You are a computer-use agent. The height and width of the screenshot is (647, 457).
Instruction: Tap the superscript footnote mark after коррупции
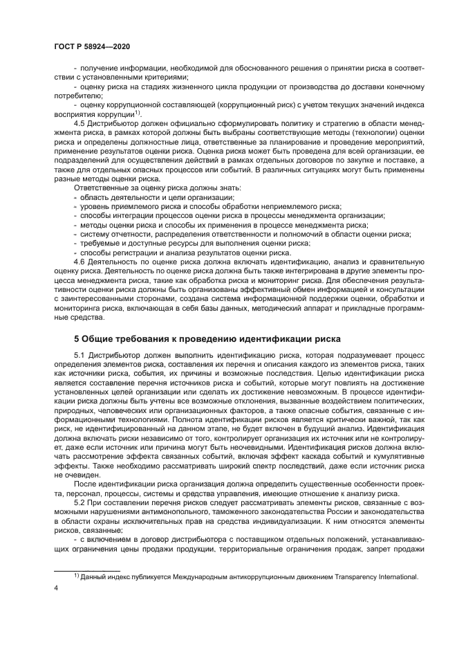[x=138, y=112]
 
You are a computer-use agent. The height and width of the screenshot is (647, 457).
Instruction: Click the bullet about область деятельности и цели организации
[x=120, y=197]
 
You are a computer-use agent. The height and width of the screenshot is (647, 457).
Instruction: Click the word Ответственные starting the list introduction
[x=100, y=188]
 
